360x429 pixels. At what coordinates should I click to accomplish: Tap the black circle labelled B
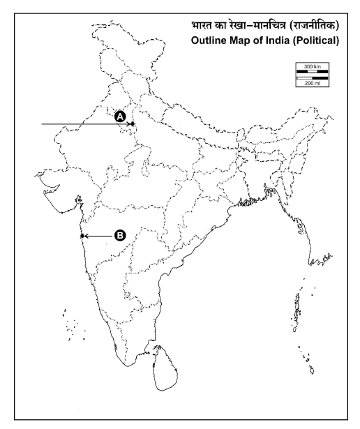click(120, 236)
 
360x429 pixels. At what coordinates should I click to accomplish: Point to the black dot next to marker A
click(133, 124)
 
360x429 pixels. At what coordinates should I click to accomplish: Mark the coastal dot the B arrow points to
click(82, 236)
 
